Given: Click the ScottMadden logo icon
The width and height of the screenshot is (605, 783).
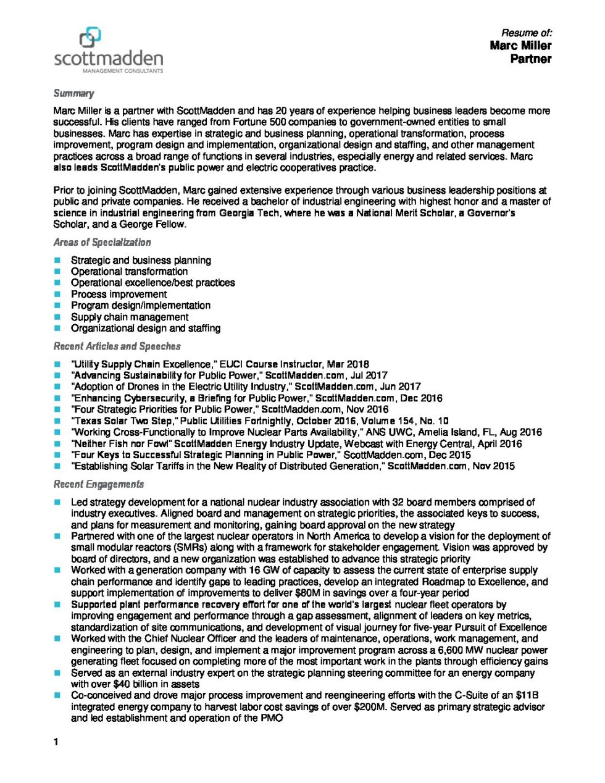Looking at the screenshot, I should click(x=90, y=37).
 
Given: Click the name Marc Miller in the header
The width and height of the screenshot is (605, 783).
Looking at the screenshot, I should click(x=520, y=46).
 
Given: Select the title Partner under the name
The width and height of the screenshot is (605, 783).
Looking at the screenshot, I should click(x=530, y=59).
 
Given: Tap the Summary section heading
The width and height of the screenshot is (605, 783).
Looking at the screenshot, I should click(x=73, y=93).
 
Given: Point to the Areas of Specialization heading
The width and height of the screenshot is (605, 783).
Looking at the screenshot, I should click(x=102, y=242).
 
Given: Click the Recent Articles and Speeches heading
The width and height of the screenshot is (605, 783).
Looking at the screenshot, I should click(x=117, y=346).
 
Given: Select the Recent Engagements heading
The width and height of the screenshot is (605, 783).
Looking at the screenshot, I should click(x=99, y=484).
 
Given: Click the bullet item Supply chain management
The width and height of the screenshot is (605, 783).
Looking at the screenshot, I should click(x=130, y=317).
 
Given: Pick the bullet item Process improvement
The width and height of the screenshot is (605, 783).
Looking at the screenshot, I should click(x=119, y=294).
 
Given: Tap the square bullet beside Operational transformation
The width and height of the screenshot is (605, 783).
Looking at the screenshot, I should click(x=57, y=272).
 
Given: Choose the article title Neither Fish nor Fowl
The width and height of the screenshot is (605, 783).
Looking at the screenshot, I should click(x=122, y=443).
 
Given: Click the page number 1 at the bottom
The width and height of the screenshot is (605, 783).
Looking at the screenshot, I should click(x=56, y=742).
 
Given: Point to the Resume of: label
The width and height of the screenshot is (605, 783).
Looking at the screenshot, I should click(x=526, y=33).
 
